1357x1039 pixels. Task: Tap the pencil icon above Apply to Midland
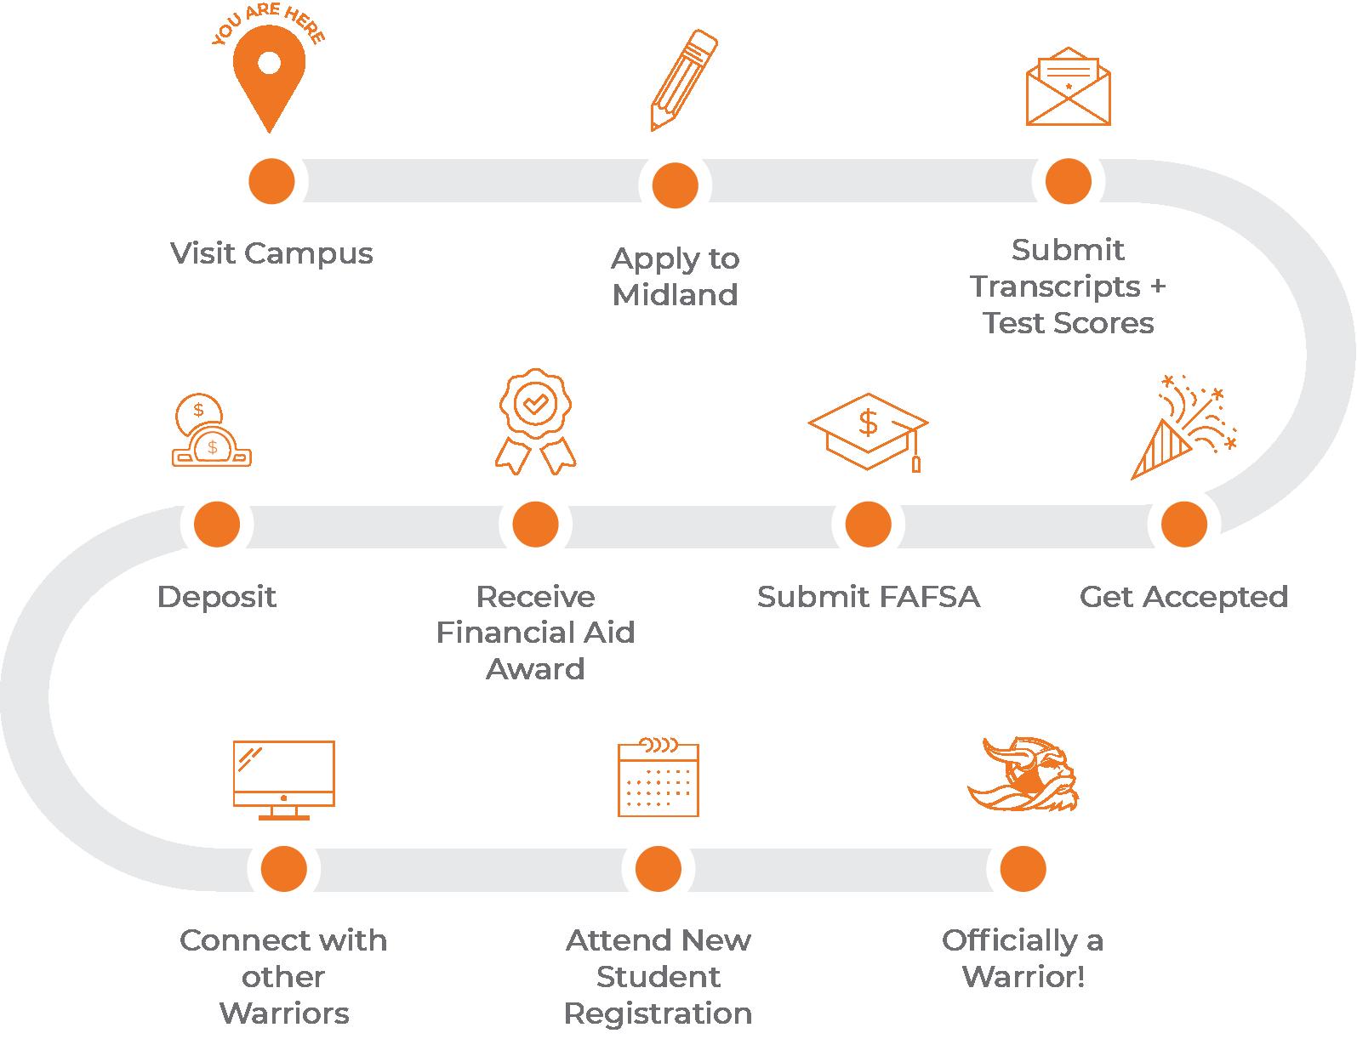pos(683,80)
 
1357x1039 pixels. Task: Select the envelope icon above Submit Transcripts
pos(1068,88)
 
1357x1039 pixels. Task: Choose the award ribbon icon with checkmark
pos(535,421)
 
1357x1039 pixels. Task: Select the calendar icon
pos(658,778)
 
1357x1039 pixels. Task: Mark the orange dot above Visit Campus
pos(271,181)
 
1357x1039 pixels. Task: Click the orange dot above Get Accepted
pos(1183,524)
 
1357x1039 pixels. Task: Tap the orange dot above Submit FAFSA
pos(868,524)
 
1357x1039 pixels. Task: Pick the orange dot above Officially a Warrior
pos(1023,869)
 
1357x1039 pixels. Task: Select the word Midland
pos(675,295)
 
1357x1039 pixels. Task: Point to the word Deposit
pos(217,597)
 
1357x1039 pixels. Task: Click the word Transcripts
pos(1055,287)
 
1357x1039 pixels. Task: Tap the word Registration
pos(658,1013)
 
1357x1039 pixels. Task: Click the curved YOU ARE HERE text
pos(268,25)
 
